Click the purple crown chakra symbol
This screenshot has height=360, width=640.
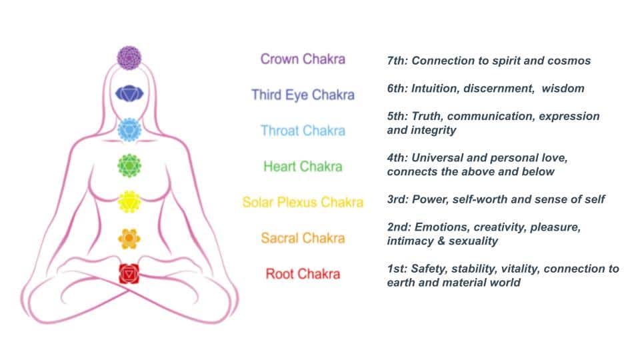(x=129, y=58)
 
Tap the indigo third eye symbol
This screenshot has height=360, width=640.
(x=129, y=94)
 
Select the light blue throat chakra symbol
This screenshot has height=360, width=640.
(x=129, y=130)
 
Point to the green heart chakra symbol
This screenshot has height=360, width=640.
(x=129, y=166)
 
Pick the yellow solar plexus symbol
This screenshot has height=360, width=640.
(x=129, y=201)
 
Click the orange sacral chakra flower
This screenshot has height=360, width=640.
(x=129, y=238)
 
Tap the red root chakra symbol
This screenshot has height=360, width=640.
(x=129, y=274)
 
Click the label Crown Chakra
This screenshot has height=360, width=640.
(x=303, y=59)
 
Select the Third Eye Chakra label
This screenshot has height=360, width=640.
(x=303, y=95)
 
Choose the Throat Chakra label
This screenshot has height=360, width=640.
(x=303, y=131)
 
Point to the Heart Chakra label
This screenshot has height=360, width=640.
(x=303, y=167)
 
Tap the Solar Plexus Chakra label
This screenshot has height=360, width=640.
(x=303, y=203)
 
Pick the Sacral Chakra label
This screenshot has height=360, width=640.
(x=303, y=238)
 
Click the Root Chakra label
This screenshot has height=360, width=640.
(x=303, y=274)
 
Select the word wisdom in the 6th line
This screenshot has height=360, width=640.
(x=563, y=89)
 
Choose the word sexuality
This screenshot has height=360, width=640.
(x=473, y=241)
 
